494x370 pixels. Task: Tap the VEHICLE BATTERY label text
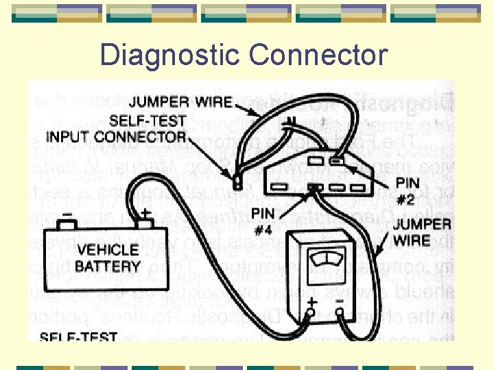click(108, 258)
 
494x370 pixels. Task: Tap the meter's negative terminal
click(340, 314)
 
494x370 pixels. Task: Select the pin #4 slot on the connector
click(316, 187)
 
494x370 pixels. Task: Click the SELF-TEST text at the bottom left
click(78, 336)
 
